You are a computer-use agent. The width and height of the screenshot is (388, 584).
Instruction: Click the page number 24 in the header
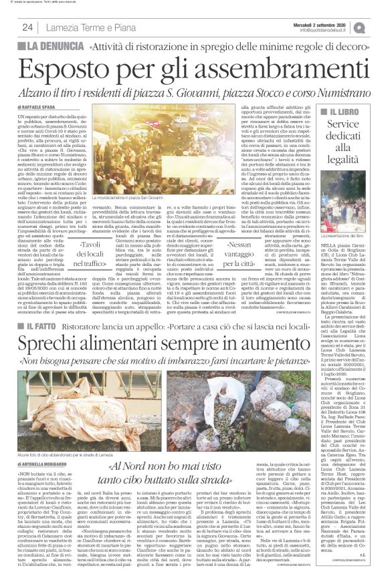click(x=28, y=27)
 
